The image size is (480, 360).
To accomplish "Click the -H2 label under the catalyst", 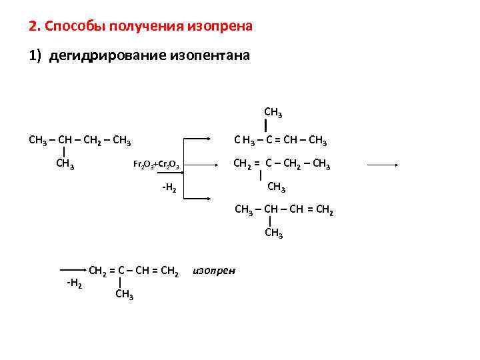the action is coord(169,189).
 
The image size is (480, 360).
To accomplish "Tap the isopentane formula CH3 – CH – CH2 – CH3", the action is coord(79,140).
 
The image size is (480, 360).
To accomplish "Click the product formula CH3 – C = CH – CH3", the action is coord(280,140).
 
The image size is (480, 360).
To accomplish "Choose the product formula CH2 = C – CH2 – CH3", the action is coord(280,164).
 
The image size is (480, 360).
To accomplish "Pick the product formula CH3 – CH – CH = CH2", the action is coord(284,211).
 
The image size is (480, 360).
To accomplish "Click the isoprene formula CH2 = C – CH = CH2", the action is coord(133,271).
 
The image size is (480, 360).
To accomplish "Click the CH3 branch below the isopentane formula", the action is coord(65,163).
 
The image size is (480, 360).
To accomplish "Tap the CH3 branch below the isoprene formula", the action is coord(124,294).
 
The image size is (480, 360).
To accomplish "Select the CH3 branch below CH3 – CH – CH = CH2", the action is coord(274,233).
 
